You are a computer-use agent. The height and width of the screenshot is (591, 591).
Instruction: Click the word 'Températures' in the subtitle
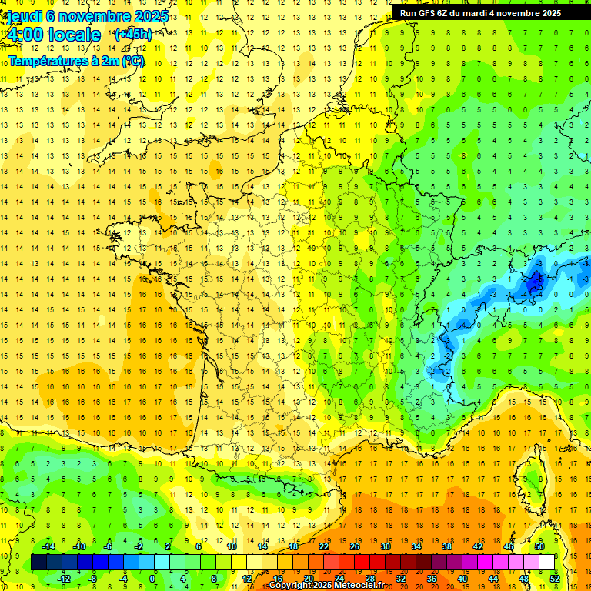[x=46, y=61]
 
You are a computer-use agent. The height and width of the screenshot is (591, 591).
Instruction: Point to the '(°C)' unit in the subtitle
[x=132, y=61]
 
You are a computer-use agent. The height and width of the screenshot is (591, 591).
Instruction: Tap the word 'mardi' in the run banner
[x=486, y=13]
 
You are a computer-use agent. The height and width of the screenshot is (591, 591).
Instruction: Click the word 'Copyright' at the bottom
[x=290, y=586]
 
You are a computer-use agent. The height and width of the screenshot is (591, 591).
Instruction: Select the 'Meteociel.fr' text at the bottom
[x=360, y=586]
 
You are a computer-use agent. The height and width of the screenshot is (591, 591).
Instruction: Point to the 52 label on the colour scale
[x=555, y=578]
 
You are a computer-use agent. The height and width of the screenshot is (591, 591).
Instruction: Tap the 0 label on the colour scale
[x=152, y=578]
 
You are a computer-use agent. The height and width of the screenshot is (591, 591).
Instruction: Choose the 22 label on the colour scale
[x=323, y=546]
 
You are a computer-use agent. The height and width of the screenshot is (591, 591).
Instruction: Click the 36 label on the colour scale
[x=431, y=578]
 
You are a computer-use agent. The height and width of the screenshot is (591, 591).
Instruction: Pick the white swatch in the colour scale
[x=546, y=562]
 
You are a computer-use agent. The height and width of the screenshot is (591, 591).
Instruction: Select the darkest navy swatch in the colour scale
[x=38, y=562]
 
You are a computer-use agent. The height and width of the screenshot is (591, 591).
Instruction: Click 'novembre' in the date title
[x=88, y=16]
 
